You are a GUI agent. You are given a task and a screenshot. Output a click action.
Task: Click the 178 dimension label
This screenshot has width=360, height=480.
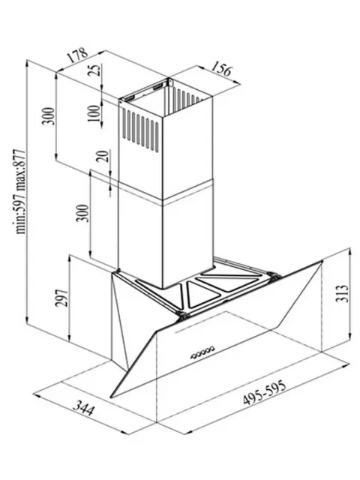click(77, 55)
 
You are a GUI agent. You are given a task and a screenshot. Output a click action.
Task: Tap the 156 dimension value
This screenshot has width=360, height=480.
click(221, 68)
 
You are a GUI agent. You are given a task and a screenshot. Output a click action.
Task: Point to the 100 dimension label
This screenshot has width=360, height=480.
click(94, 113)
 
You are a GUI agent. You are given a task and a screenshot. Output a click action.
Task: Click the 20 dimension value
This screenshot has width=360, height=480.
click(103, 156)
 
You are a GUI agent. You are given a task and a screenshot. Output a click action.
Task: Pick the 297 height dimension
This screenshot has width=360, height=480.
click(61, 298)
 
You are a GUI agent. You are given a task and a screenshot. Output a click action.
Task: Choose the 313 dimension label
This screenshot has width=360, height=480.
click(342, 293)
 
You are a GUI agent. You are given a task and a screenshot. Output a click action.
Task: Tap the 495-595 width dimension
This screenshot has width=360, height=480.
click(265, 392)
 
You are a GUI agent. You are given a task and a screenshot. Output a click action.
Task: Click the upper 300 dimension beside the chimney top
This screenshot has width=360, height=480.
click(48, 116)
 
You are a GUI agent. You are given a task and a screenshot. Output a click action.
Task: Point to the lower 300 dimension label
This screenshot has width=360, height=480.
click(82, 213)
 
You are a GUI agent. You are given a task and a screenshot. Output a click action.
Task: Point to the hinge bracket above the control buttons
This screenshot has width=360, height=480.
click(181, 315)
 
